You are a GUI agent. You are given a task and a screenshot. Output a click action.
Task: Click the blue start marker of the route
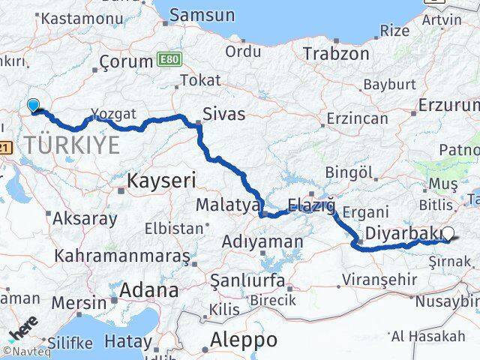pos(33,106)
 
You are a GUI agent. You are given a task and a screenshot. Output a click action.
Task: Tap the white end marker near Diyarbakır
pos(448,233)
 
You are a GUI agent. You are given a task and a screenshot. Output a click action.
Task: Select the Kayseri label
pos(161,181)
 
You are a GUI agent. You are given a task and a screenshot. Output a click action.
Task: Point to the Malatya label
pos(227,205)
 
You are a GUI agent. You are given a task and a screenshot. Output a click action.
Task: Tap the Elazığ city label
pos(310,203)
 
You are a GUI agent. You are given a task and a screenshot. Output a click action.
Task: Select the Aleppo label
pos(243,339)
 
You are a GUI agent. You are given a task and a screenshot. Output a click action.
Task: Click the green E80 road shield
pos(169,59)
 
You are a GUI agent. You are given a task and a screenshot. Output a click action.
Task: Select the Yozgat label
pos(114,114)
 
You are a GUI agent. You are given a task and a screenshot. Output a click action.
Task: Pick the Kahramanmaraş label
pos(121,256)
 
